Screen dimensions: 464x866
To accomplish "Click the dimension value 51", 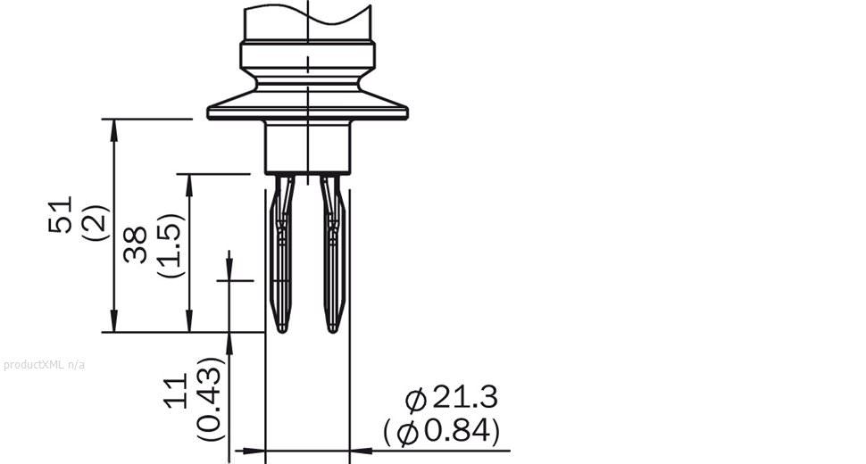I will pos(60,215).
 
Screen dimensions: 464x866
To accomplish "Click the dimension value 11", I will pos(177,391).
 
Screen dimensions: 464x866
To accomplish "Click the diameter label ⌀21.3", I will pos(451,398).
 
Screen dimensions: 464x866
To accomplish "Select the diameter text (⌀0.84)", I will pos(441,432).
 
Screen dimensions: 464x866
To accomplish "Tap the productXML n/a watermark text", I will pos(44,364).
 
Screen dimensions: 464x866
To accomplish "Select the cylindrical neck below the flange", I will pos(307,147).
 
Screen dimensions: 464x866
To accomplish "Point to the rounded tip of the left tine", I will pos(282,327).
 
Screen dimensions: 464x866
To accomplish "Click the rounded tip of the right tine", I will pos(333,327).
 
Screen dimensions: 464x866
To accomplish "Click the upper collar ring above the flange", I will pos(307,54).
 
